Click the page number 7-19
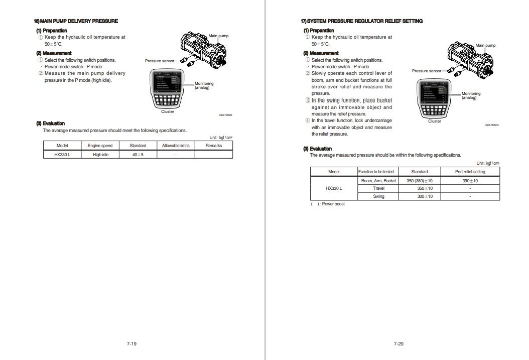coord(131,344)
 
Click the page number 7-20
coord(399,344)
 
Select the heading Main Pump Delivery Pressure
coord(76,21)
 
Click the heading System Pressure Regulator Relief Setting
coord(361,21)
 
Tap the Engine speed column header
coord(100,146)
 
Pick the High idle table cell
coord(100,155)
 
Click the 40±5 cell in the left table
coord(138,155)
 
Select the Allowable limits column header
coord(176,146)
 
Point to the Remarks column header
coord(214,146)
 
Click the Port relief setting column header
coord(470,172)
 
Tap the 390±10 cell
coord(470,181)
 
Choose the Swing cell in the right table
coord(378,196)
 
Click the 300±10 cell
coord(425,196)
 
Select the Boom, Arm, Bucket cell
coord(378,181)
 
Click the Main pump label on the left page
coord(218,36)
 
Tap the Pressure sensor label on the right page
coord(427,71)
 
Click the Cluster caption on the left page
coord(168,111)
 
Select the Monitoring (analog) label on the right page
coord(471,95)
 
